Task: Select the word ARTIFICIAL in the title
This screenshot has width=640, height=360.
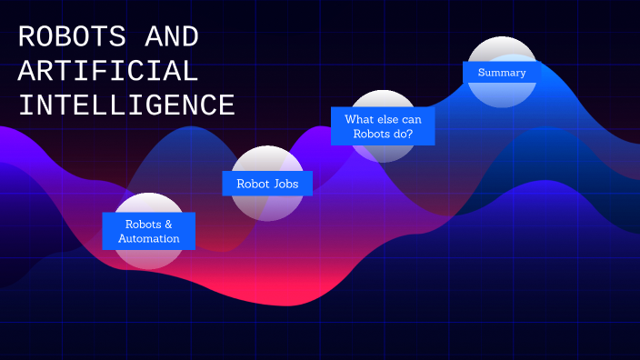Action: [108, 72]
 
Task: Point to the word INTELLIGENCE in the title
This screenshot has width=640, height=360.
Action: [126, 105]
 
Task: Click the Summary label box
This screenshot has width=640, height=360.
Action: [502, 72]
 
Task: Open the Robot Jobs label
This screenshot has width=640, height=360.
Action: [267, 184]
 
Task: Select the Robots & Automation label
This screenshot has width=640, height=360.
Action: [148, 231]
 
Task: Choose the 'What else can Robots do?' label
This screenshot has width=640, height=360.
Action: [383, 125]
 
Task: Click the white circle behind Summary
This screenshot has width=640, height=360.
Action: [502, 50]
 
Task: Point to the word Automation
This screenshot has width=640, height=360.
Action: [148, 239]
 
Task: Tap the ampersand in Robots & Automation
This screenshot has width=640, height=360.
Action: [167, 224]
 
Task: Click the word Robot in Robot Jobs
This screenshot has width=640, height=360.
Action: [253, 184]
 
